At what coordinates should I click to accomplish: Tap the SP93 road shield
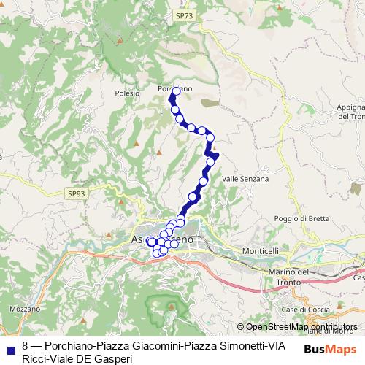[x=76, y=193]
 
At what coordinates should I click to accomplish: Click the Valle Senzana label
[x=245, y=178]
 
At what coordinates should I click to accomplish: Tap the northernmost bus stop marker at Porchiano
[x=176, y=91]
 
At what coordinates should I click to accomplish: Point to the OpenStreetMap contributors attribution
[x=298, y=327]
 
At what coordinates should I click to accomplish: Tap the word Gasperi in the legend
[x=113, y=358]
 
